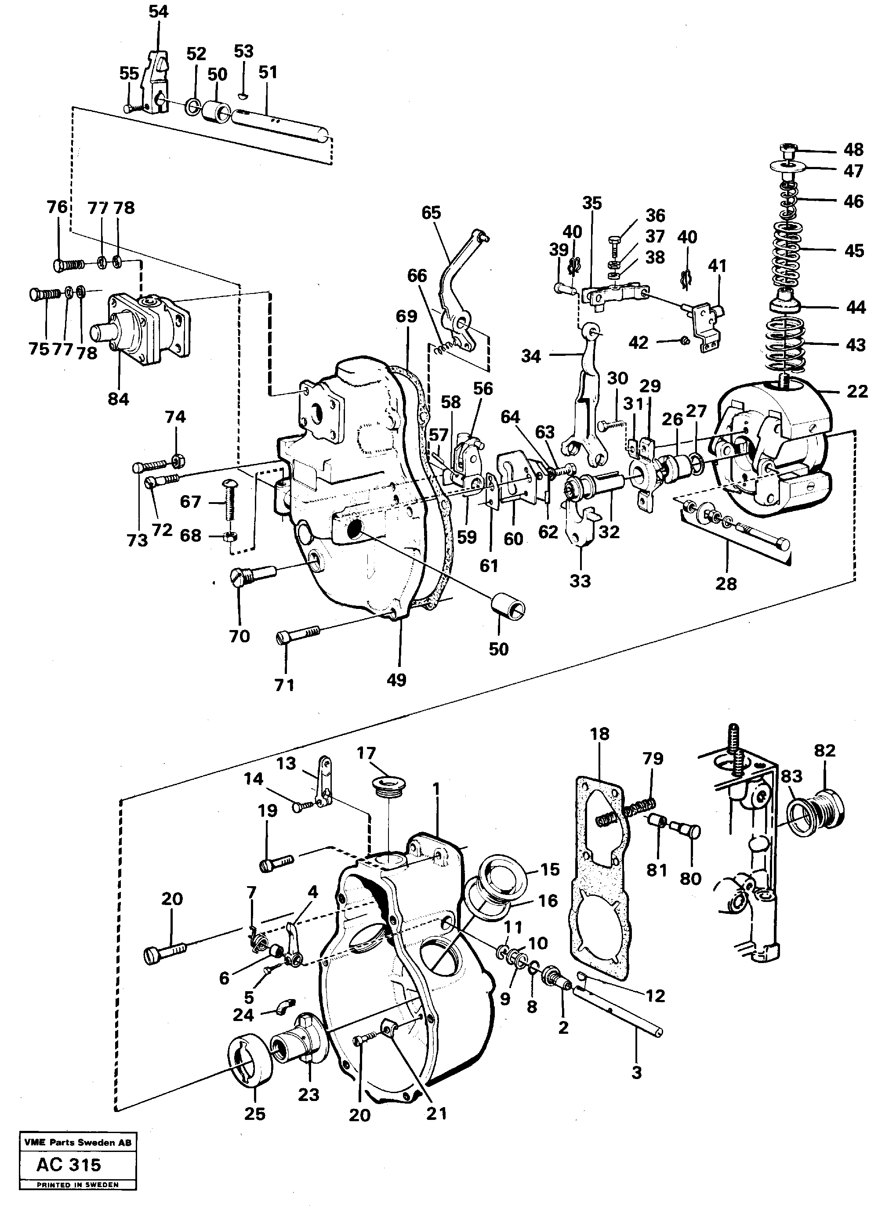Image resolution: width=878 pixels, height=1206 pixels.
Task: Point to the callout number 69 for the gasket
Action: [406, 316]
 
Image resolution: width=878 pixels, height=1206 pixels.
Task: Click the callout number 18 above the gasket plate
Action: [599, 734]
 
